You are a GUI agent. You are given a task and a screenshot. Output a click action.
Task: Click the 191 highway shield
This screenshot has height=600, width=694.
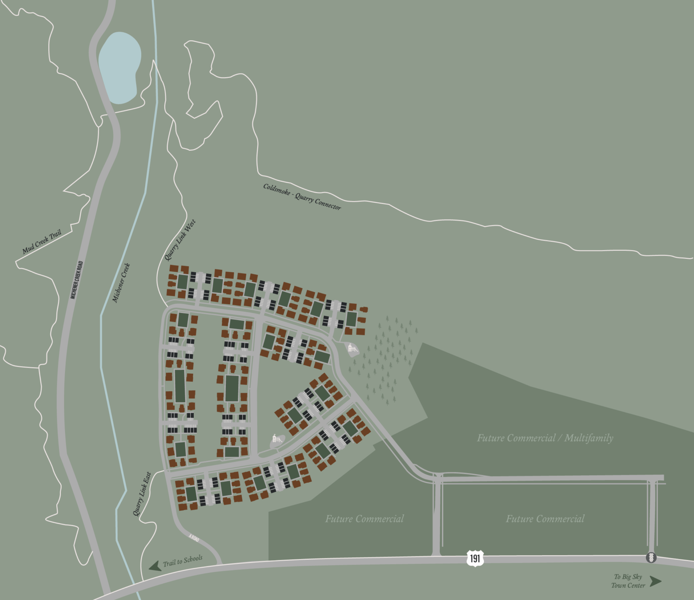(x=475, y=558)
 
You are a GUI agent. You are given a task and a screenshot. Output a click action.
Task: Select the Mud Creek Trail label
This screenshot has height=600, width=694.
(x=42, y=241)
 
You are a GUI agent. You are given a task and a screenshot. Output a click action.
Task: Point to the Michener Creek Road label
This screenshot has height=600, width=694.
(x=76, y=280)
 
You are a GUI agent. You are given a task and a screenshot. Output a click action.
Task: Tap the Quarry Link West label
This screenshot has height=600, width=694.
(x=180, y=240)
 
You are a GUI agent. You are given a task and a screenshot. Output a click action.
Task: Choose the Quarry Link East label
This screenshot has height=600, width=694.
(x=142, y=494)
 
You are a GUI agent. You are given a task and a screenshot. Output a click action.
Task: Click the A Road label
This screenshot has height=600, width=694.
(x=194, y=538)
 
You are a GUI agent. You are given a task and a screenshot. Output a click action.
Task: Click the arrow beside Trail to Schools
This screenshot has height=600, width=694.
(x=155, y=566)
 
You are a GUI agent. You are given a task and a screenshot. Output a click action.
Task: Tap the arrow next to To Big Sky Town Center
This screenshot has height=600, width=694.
(x=656, y=581)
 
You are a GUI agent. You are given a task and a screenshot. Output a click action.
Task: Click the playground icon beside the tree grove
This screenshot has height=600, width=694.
(x=352, y=348)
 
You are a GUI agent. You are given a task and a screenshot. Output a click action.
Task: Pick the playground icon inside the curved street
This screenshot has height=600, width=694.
(x=277, y=439)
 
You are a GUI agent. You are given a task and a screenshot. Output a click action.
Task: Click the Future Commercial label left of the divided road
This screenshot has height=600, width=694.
(x=364, y=519)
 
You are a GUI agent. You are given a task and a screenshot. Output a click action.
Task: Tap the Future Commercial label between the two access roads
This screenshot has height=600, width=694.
(x=545, y=519)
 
